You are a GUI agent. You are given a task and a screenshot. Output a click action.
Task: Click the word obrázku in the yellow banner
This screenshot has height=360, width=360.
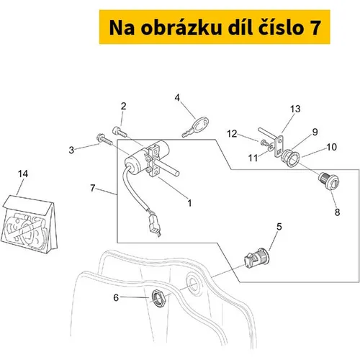pos(181,27)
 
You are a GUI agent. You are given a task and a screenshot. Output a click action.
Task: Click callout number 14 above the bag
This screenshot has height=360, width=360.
pos(23,174)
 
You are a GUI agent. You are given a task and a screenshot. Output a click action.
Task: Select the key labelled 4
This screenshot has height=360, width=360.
pos(195,127)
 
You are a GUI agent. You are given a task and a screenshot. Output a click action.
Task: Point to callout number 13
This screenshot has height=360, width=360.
pos(295,109)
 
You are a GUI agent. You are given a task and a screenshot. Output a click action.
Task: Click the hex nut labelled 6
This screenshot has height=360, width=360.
pos(158,298)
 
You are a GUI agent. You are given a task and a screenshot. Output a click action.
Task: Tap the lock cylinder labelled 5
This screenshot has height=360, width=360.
pos(256,258)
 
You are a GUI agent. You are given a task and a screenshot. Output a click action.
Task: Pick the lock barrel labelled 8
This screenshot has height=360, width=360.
pos(328,181)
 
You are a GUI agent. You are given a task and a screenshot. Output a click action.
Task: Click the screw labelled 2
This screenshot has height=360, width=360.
pos(120,132)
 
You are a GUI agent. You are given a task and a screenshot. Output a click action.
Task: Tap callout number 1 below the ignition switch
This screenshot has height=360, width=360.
pos(189,203)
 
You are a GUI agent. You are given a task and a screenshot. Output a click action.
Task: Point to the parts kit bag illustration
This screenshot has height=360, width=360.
pos(29,225)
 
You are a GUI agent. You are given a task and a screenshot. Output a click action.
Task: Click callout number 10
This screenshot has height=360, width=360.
pos(332,147)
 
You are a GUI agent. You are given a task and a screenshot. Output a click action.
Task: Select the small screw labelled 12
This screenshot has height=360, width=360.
pos(264,143)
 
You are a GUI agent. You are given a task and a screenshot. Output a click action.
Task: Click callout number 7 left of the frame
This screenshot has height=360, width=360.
pos(93,188)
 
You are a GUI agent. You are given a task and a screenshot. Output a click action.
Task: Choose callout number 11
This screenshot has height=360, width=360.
pos(253,158)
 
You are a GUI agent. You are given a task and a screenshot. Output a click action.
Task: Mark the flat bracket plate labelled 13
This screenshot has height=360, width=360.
pos(279,146)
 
